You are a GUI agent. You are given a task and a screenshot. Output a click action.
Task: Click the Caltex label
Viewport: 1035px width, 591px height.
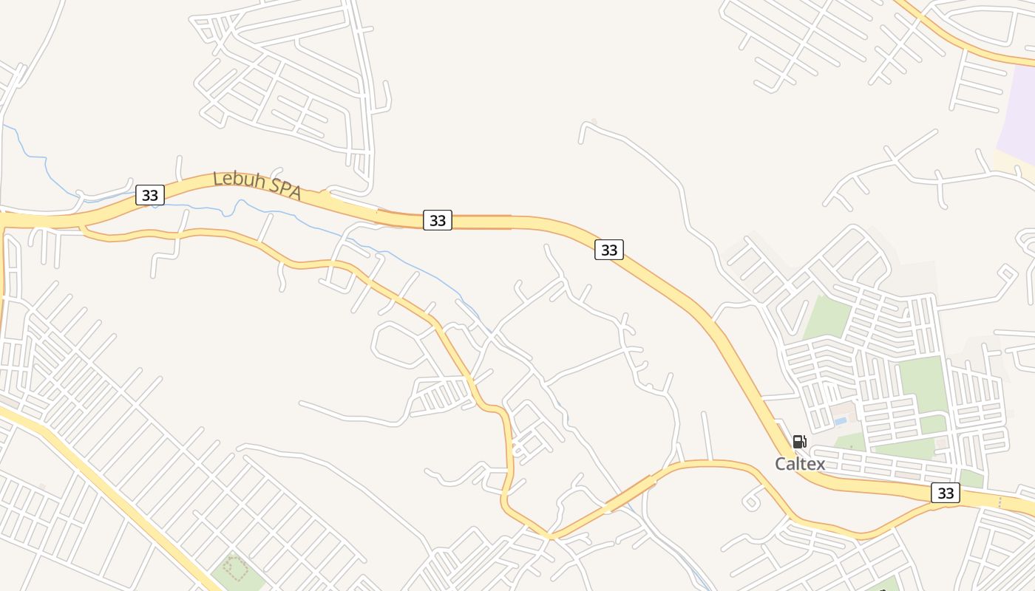pyautogui.click(x=799, y=464)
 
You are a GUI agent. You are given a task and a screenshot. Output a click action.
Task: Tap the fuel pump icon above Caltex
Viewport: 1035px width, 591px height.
pyautogui.click(x=799, y=442)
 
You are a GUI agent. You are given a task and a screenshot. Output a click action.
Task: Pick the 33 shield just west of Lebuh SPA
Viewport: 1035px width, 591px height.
pyautogui.click(x=150, y=195)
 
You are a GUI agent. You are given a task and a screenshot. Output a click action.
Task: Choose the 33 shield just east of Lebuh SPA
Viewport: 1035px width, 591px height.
pyautogui.click(x=438, y=220)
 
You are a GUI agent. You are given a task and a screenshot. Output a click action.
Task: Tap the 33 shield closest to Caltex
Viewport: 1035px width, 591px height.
pyautogui.click(x=946, y=493)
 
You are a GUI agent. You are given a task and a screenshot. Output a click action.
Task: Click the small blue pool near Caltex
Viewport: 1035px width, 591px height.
pyautogui.click(x=840, y=421)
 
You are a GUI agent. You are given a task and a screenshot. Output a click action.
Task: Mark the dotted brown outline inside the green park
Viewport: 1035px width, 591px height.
pyautogui.click(x=235, y=568)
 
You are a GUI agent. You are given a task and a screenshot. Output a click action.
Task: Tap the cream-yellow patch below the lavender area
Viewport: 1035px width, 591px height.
pyautogui.click(x=1014, y=162)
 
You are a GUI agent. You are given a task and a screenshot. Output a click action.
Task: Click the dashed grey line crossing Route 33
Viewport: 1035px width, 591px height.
pyautogui.click(x=1000, y=503)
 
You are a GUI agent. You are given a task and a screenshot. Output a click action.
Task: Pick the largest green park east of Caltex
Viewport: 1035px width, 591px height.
pyautogui.click(x=922, y=384)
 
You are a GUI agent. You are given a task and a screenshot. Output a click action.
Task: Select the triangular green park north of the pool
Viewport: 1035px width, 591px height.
pyautogui.click(x=827, y=318)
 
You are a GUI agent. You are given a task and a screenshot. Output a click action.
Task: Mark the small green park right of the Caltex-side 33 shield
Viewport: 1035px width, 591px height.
pyautogui.click(x=971, y=479)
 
